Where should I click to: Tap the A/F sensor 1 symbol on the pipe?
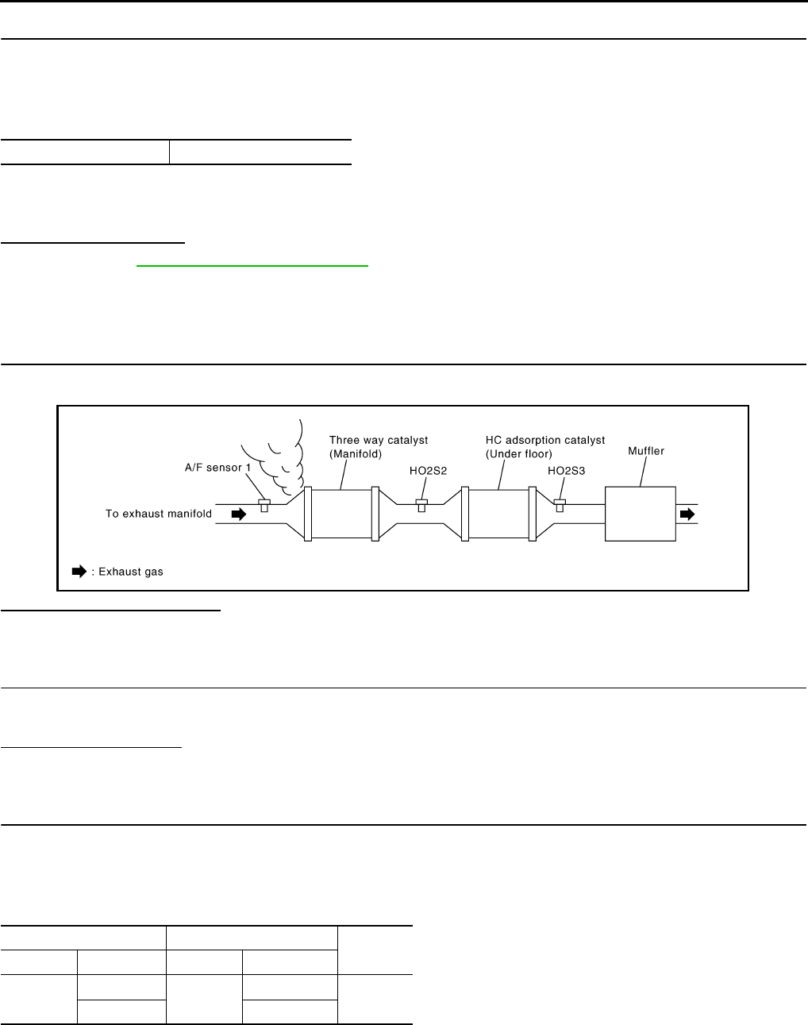tap(264, 506)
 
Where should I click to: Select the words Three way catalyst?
tap(379, 441)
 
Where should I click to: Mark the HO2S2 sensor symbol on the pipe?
tap(421, 506)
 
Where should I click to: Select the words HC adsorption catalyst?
tap(544, 441)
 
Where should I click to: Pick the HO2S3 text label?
tap(568, 470)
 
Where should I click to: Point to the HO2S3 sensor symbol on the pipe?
tap(560, 506)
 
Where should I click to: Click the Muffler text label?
tap(645, 451)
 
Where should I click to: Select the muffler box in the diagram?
tap(640, 514)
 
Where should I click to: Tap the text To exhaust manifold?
tap(159, 514)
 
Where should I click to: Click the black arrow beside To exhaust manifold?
tap(238, 514)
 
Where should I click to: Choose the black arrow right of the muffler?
tap(687, 514)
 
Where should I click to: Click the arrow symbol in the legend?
tap(79, 572)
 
